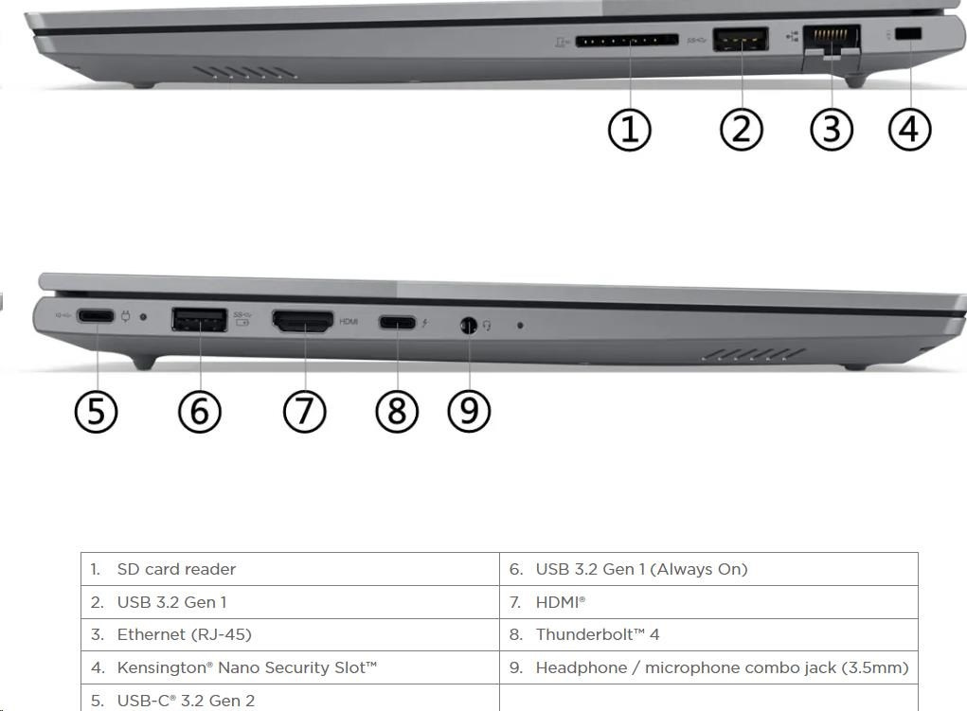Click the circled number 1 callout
(x=629, y=130)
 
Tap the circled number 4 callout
(x=909, y=130)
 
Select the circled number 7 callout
(x=304, y=411)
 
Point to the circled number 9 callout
(x=469, y=411)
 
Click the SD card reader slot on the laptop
(x=627, y=42)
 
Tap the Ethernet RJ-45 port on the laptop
(x=832, y=44)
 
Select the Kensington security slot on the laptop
(x=907, y=34)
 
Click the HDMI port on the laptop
(x=303, y=321)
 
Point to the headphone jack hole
(x=469, y=325)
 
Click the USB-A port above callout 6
(x=199, y=319)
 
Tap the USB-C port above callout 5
(x=96, y=316)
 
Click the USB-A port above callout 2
(x=740, y=40)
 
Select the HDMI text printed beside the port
(x=349, y=321)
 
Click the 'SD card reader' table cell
(x=176, y=569)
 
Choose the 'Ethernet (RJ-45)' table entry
(x=185, y=634)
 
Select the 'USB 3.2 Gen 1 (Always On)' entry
(x=641, y=569)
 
